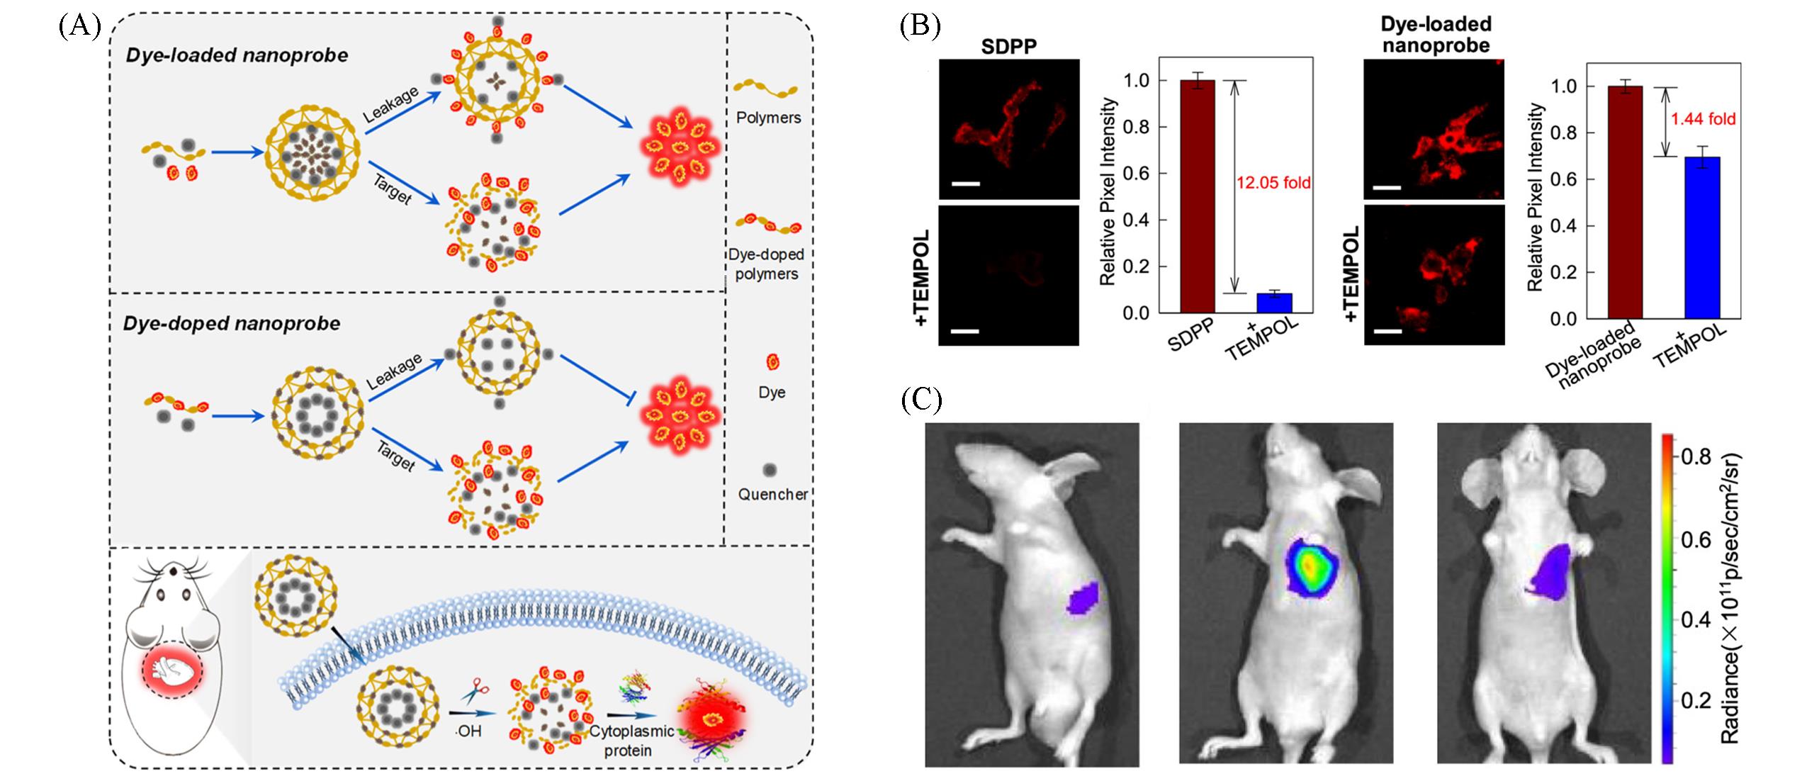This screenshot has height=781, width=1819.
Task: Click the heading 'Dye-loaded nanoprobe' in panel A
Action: [x=237, y=55]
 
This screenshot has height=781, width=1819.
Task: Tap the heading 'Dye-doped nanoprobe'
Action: [x=232, y=323]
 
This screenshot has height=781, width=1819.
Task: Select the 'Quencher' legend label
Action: [x=772, y=494]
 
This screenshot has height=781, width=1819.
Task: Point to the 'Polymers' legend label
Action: [x=768, y=118]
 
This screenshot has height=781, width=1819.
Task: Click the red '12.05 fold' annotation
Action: [x=1273, y=183]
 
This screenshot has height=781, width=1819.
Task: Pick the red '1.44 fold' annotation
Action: [x=1703, y=119]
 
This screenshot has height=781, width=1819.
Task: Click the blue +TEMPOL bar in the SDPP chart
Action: [x=1273, y=303]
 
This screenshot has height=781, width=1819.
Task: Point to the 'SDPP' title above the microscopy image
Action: [x=1008, y=47]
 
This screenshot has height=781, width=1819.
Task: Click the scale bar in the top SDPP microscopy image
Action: [x=965, y=184]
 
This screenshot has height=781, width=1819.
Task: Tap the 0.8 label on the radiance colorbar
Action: [x=1695, y=456]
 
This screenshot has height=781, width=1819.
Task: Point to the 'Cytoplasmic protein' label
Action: [x=628, y=741]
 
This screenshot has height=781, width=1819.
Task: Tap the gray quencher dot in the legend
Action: [x=770, y=470]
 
